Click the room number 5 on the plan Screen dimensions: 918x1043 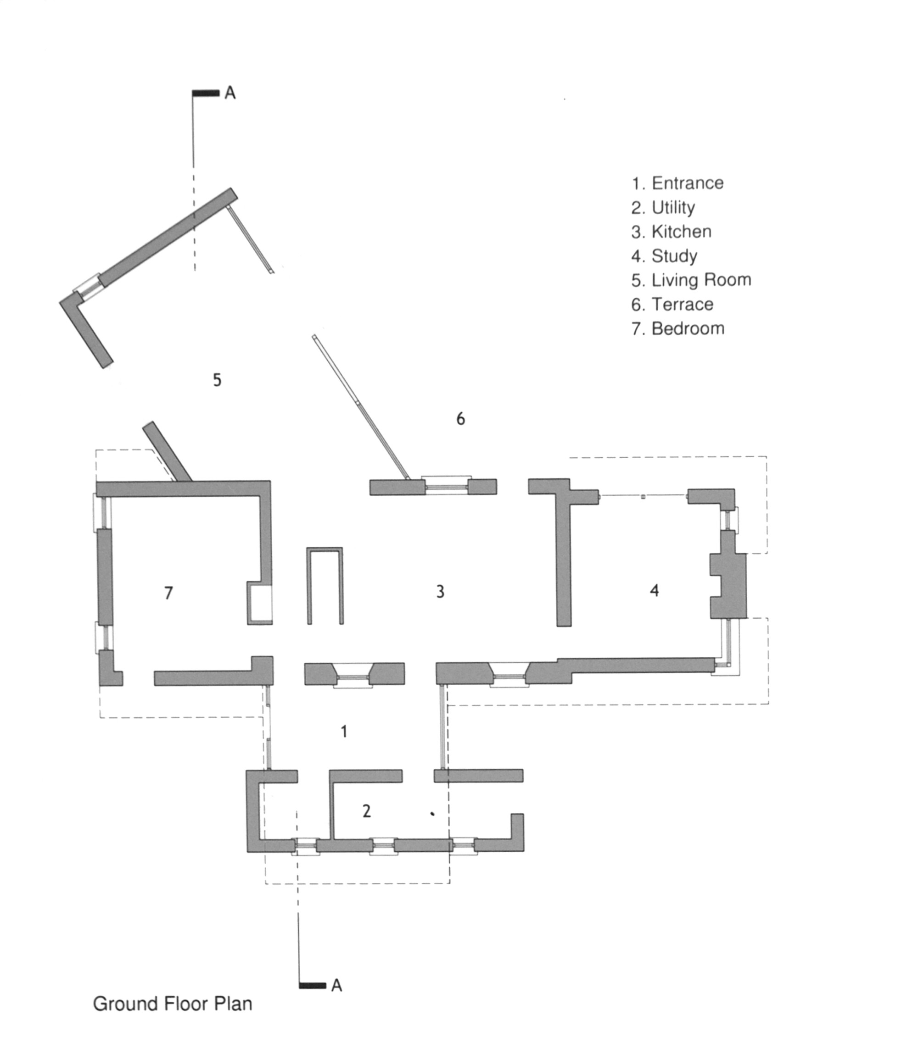217,380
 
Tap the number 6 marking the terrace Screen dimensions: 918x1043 460,419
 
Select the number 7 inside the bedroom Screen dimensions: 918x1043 168,593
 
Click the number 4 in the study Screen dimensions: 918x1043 654,590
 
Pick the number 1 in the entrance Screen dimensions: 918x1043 344,732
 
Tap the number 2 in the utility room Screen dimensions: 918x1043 367,811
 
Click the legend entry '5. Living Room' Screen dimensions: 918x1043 691,280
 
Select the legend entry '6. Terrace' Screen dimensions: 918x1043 672,305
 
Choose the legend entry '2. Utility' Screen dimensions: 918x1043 663,208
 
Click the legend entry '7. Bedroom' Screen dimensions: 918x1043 678,328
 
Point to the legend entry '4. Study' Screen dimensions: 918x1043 664,256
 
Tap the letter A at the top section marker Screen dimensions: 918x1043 230,93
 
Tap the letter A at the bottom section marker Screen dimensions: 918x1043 336,985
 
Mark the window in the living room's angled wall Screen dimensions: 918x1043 87,287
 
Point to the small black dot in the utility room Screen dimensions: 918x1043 432,814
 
